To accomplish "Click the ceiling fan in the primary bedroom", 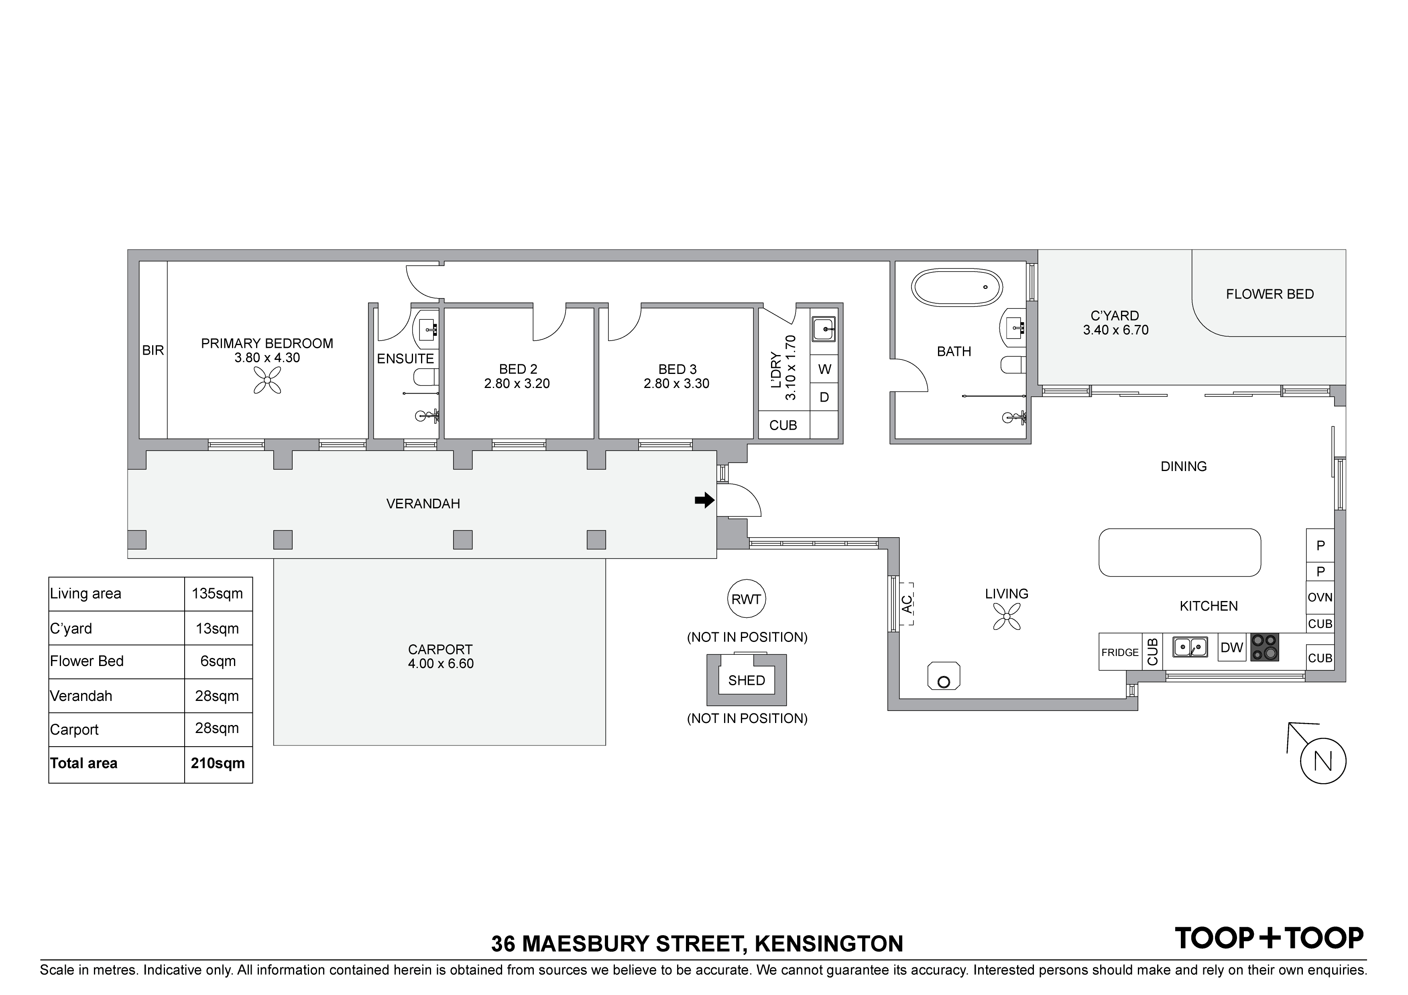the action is [x=267, y=380].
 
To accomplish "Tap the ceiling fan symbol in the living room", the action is [x=1007, y=616].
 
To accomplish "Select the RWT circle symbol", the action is [x=746, y=599].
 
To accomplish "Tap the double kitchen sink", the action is [x=1190, y=647].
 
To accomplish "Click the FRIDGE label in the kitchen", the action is [x=1120, y=652].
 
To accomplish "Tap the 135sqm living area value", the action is [x=218, y=593].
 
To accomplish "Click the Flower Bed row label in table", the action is [x=87, y=661].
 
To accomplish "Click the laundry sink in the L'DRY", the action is [x=824, y=329].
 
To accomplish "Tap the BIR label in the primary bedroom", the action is [x=153, y=350].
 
